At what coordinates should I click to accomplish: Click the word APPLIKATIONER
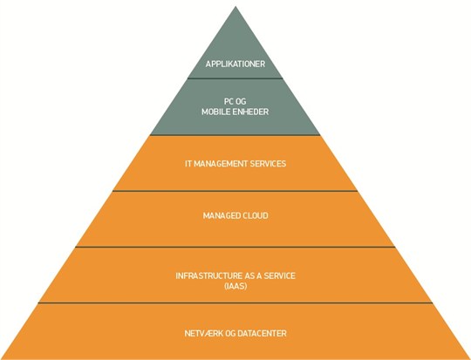(x=235, y=64)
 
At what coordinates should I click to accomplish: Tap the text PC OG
(x=235, y=101)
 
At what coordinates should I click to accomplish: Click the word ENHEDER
(x=251, y=112)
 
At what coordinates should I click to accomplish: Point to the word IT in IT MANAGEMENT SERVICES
(x=188, y=164)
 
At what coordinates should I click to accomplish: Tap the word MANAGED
(x=222, y=216)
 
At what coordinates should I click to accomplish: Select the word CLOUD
(x=256, y=216)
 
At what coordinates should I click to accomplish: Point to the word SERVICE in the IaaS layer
(x=279, y=276)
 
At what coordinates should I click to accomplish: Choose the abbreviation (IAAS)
(x=235, y=286)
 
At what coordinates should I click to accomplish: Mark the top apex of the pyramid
(x=235, y=7)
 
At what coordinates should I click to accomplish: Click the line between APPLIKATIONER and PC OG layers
(x=235, y=78)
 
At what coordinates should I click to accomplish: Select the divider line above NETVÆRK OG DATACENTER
(x=235, y=303)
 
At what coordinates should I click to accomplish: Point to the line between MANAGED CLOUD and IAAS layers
(x=235, y=247)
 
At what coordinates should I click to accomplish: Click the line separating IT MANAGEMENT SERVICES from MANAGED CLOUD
(x=235, y=191)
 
